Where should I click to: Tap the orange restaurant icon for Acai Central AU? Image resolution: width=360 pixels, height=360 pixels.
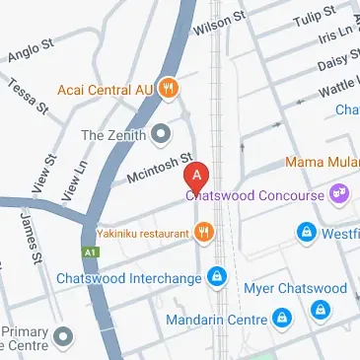pos(170,88)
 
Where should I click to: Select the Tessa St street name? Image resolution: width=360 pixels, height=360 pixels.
pos(29,97)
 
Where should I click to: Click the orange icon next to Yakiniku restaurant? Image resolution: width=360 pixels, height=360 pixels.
pos(204,233)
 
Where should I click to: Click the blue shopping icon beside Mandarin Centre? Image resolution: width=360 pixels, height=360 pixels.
pos(282,319)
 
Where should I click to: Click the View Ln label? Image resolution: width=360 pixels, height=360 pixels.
pos(73,179)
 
